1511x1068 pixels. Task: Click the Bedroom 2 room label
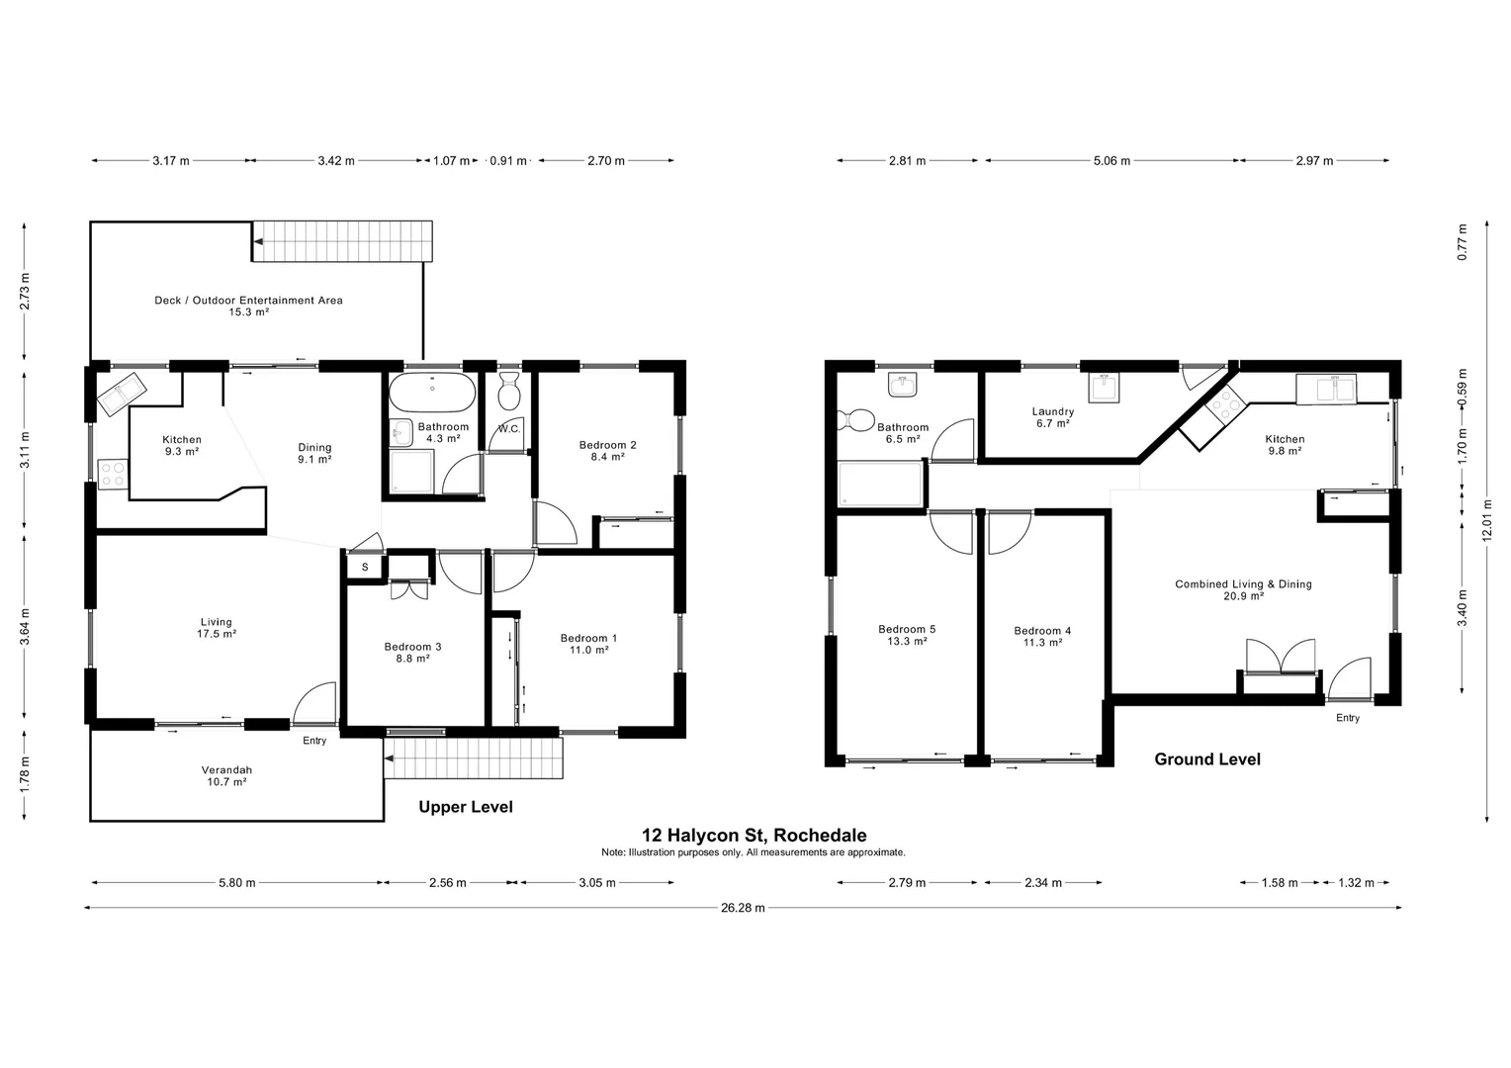pos(607,445)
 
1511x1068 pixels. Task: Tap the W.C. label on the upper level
pos(509,429)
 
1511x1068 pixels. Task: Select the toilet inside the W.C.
pos(509,392)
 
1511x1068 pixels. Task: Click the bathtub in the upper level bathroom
pos(432,394)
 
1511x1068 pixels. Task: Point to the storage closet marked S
pos(365,568)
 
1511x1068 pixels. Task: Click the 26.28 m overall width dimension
pos(742,908)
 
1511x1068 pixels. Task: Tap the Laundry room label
pos(1052,411)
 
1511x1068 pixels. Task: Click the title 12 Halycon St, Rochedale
pos(754,836)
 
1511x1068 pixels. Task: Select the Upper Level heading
pos(465,807)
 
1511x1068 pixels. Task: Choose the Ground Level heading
pos(1206,759)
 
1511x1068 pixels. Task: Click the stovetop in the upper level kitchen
pos(112,475)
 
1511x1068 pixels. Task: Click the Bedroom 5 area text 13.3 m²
pos(906,642)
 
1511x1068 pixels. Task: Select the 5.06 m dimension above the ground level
pos(1111,161)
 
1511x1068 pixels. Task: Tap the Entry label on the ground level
pos(1347,718)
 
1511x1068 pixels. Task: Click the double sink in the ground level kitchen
pos(1327,389)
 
